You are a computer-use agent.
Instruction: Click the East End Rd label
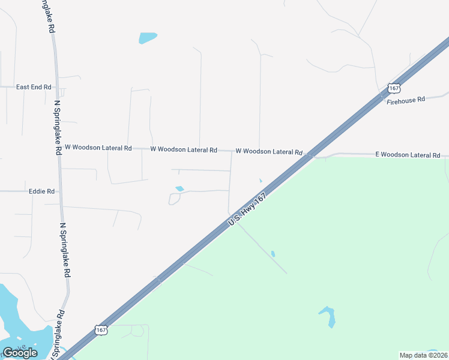tap(34, 87)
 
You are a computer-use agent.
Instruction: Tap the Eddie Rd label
tap(41, 191)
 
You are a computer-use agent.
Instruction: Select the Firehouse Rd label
tap(406, 100)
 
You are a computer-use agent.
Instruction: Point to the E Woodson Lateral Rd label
tap(408, 155)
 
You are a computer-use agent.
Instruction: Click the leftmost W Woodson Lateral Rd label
tap(98, 148)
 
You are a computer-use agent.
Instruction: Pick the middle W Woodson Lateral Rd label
tap(184, 149)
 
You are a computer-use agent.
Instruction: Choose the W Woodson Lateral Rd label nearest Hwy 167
tap(269, 152)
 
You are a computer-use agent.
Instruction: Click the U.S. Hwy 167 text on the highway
tap(247, 209)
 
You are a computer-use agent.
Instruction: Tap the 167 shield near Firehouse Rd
tap(393, 88)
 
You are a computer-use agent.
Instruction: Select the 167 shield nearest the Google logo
tap(101, 330)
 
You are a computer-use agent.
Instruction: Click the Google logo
tap(20, 353)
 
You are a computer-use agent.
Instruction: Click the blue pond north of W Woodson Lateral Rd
tap(148, 38)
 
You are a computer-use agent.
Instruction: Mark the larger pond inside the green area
tap(328, 316)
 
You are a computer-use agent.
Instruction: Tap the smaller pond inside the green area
tap(273, 254)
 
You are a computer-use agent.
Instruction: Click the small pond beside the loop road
tap(179, 189)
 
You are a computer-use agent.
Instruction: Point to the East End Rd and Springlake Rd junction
tap(56, 88)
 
